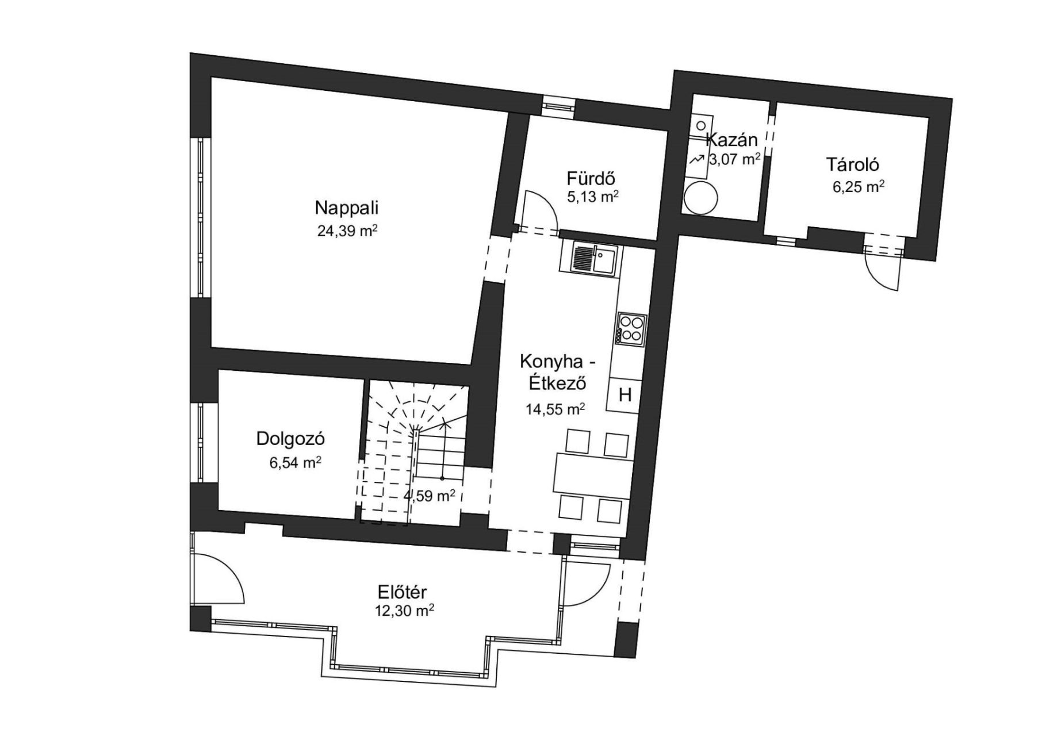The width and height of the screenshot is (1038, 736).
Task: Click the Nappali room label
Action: (347, 208)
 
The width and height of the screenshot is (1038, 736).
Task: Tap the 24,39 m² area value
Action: (347, 231)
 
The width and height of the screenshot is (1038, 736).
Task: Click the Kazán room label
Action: (731, 140)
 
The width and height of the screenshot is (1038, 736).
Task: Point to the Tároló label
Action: (853, 164)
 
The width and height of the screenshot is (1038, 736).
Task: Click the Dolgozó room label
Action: (290, 439)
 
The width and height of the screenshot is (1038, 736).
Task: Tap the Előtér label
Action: (402, 592)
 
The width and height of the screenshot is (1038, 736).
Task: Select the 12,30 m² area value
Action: (404, 611)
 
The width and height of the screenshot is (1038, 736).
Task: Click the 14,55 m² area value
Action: (555, 409)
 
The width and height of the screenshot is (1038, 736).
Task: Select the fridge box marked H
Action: (625, 395)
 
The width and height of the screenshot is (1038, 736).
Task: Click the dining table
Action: (592, 473)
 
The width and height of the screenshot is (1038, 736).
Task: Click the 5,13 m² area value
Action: (592, 197)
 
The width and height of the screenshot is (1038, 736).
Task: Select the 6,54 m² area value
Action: (295, 462)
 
